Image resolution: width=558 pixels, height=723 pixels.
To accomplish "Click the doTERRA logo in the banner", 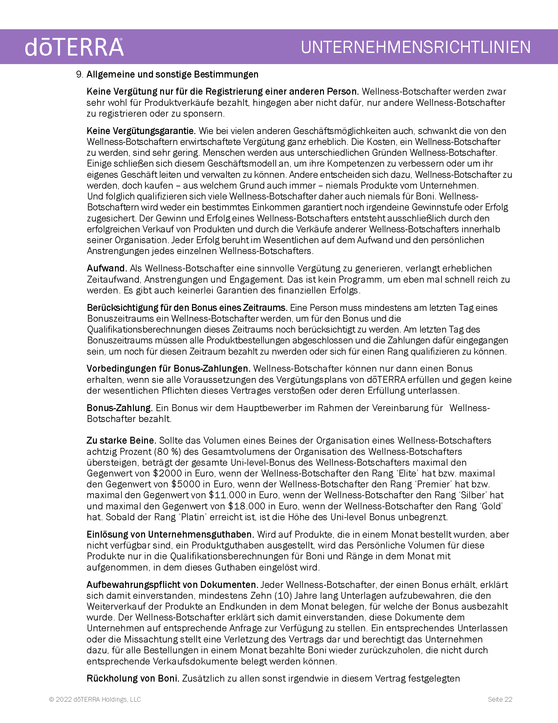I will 75,47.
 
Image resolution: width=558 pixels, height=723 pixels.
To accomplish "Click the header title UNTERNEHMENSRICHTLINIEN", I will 416,47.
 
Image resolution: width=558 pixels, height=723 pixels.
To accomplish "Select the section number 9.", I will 79,75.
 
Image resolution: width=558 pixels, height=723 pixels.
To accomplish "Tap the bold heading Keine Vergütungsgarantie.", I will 141,131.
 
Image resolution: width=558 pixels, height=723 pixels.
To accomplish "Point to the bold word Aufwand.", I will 107,268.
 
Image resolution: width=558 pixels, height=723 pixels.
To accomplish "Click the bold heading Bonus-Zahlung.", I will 119,408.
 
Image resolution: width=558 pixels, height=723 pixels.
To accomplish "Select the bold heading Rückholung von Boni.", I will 133,679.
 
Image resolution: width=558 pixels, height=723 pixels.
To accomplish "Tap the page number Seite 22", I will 500,699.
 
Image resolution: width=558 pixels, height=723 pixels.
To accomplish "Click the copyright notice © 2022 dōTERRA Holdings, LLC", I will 95,699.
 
